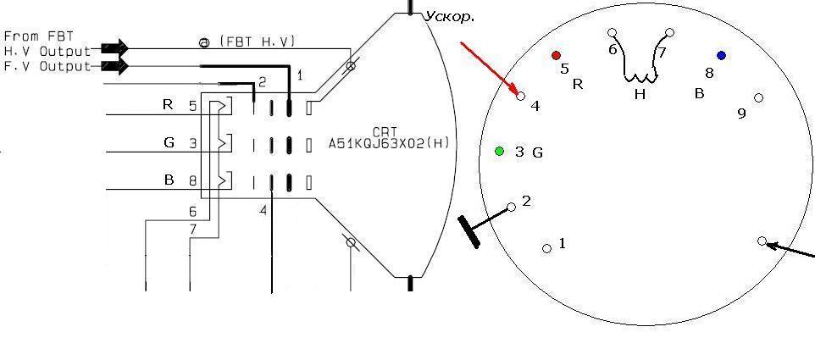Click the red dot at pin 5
coord(556,55)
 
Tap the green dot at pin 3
coord(500,151)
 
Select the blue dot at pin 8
coord(721,55)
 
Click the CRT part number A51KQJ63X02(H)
coord(392,143)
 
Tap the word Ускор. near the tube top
coord(450,17)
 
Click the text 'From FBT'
coord(39,36)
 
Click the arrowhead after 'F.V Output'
coord(115,66)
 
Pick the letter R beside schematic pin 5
coord(168,105)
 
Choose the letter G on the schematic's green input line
coord(169,142)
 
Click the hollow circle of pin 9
coord(758,97)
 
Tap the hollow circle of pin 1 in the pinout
coord(546,249)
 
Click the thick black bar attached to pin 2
coord(468,232)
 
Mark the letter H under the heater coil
coord(640,95)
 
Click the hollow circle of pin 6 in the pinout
coord(613,33)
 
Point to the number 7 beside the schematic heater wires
coord(193,229)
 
